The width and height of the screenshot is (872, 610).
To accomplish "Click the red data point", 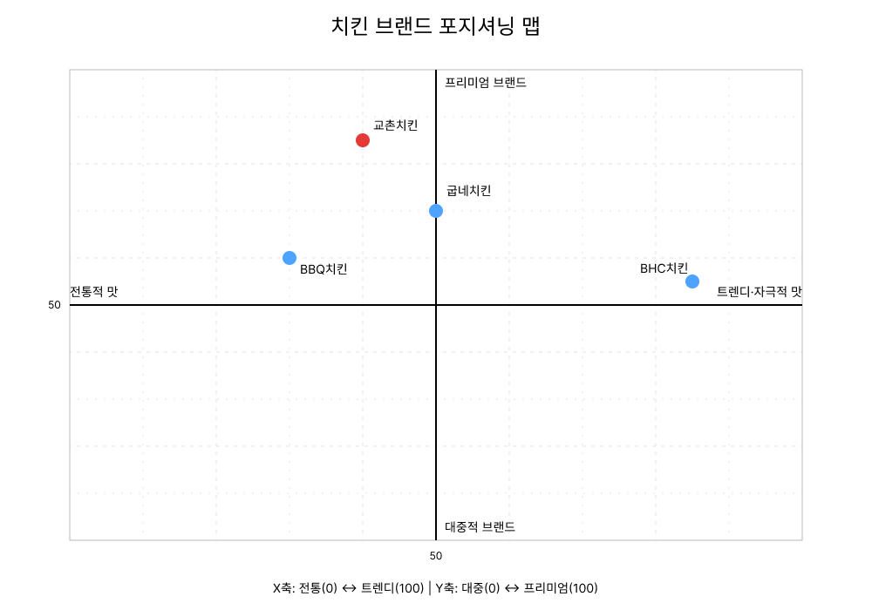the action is coord(363,140).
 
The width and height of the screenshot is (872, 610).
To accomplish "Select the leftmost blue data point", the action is coord(290,258).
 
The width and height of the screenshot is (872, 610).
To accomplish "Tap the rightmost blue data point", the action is coord(692,281).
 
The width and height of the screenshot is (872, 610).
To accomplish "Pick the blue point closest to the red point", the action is coord(436,211).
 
